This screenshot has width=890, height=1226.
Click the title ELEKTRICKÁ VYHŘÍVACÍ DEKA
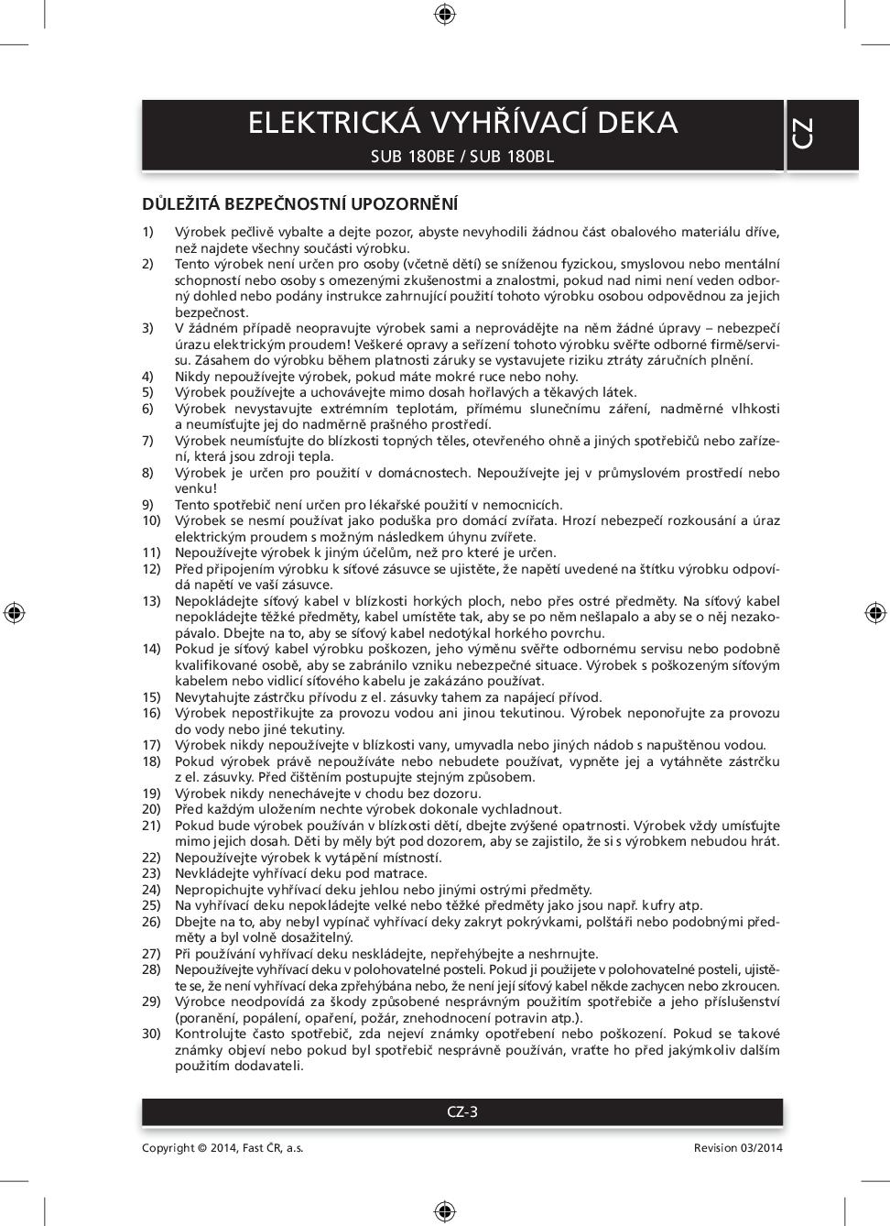click(462, 123)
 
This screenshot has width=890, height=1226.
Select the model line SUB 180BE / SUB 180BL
click(462, 156)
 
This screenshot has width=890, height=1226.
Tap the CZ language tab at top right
click(803, 134)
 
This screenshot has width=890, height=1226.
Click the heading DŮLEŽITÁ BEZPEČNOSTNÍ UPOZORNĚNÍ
click(299, 203)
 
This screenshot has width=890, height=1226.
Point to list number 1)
click(147, 232)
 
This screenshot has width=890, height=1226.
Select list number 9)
click(147, 505)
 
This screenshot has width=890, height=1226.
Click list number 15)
click(151, 697)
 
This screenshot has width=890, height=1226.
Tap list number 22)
click(151, 858)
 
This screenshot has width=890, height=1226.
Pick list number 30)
click(151, 1034)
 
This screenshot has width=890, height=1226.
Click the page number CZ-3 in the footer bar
click(462, 1112)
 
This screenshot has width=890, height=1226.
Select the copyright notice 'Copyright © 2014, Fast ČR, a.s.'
click(222, 1148)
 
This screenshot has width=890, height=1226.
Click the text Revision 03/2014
click(738, 1148)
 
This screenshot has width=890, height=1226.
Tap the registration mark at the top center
click(445, 13)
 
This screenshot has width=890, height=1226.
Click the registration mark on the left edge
click(14, 612)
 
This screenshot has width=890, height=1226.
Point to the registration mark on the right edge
click(874, 612)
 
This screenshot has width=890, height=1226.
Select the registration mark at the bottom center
click(445, 1211)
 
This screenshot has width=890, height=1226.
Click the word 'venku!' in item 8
click(196, 488)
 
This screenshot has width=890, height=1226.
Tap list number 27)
click(151, 954)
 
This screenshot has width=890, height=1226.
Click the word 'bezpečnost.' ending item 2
click(212, 312)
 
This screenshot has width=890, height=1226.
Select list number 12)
click(151, 569)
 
